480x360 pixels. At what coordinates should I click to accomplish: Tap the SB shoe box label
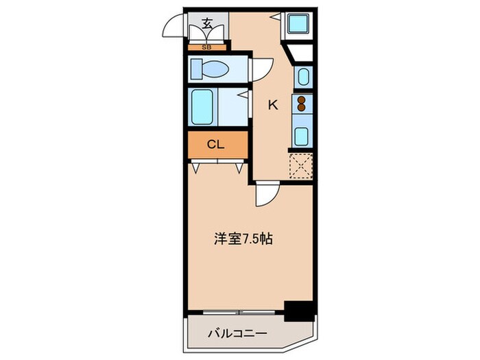tap(207, 47)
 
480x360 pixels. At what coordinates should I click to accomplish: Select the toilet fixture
tap(212, 69)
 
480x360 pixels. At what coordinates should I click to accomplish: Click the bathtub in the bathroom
tap(204, 107)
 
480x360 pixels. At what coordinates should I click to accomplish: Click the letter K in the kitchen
tap(272, 105)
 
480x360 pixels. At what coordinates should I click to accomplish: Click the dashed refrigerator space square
tap(300, 165)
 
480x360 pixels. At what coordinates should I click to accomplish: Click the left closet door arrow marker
tap(197, 167)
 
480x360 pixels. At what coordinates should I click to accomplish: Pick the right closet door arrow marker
tap(240, 167)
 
